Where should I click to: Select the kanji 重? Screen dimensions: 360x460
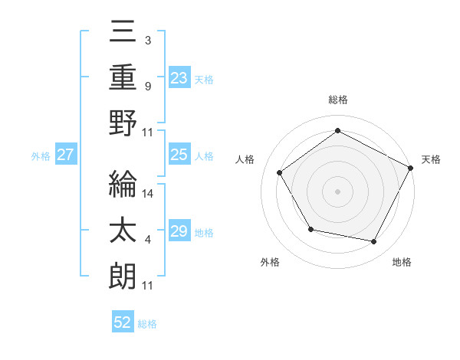123,77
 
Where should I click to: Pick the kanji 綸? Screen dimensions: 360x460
123,184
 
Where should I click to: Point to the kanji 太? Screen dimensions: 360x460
123,232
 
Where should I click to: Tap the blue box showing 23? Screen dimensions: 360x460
179,77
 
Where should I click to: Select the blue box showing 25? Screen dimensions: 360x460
179,155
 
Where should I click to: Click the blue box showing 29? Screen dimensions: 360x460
179,231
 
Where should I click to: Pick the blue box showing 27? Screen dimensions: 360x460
65,155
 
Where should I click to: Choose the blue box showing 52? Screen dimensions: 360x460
123,322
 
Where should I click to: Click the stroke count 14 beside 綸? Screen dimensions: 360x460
149,195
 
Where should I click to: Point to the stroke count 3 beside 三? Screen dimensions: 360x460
147,40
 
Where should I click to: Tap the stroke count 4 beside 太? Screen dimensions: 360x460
147,241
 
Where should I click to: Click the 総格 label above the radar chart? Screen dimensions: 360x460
338,100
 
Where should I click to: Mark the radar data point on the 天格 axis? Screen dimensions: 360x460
411,168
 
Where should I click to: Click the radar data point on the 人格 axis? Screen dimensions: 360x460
280,172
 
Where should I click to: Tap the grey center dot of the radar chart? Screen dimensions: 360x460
338,191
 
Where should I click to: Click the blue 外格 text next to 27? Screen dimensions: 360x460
41,156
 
